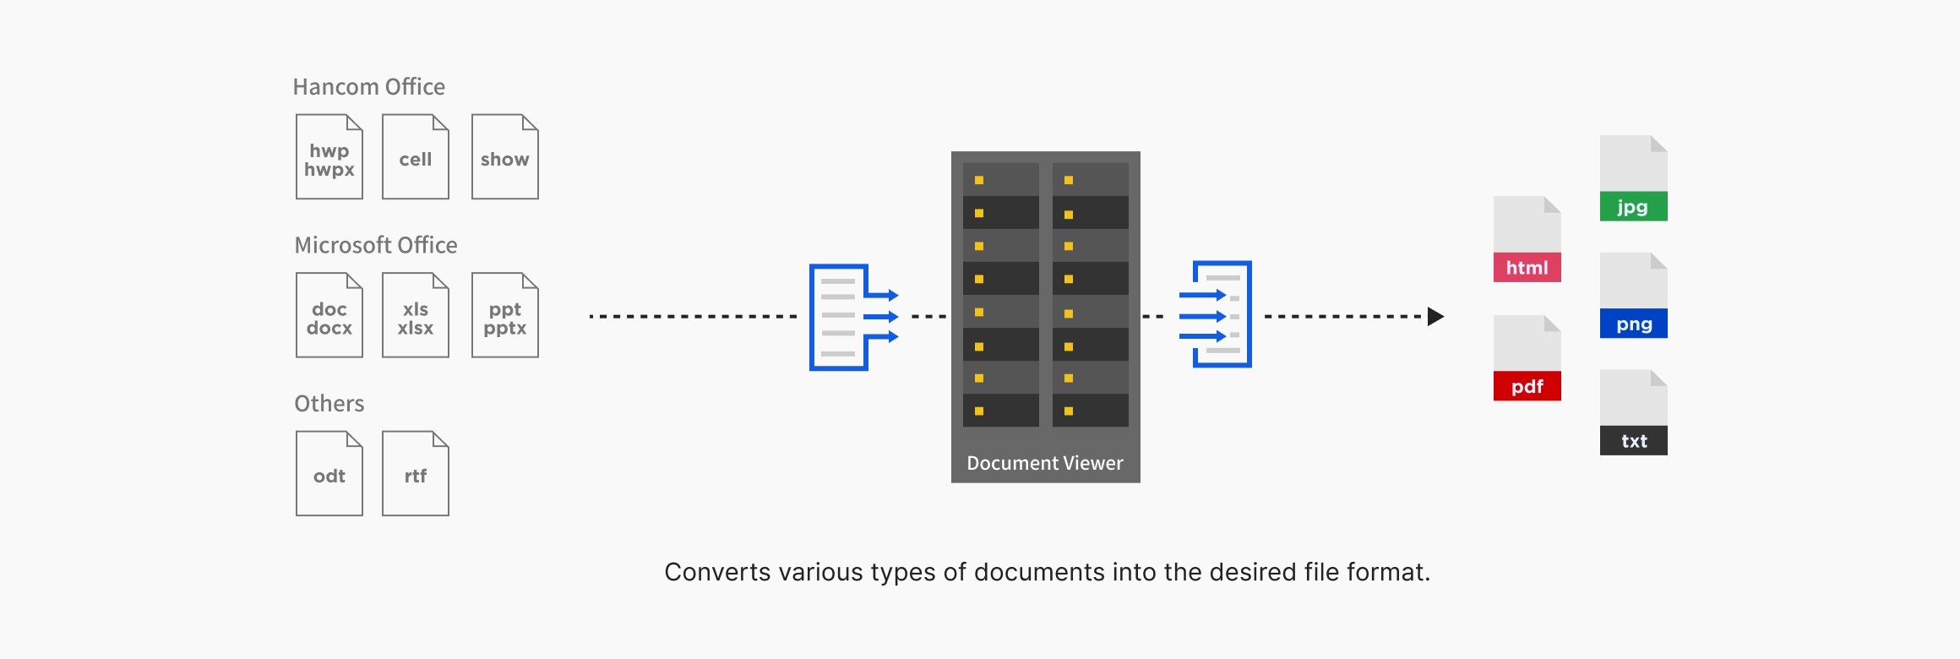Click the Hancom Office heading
point(368,87)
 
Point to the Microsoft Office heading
point(376,245)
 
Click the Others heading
point(329,403)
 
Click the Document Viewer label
point(1045,463)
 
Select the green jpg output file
point(1633,179)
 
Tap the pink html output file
point(1527,240)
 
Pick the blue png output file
point(1633,296)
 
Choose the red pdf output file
point(1527,358)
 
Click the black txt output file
point(1633,413)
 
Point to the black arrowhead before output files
point(1435,317)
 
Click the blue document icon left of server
point(852,317)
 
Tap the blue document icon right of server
point(1217,314)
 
